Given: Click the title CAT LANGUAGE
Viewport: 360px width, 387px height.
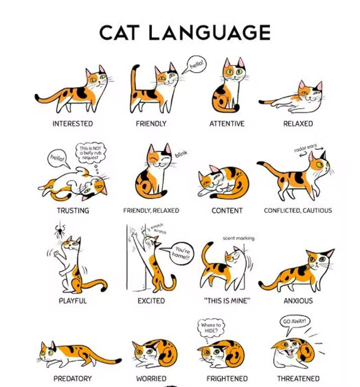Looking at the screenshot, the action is tap(185, 32).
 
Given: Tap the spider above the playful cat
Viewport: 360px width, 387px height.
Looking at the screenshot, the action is tap(60, 231).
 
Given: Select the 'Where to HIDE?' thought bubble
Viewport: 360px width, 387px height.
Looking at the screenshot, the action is tap(211, 327).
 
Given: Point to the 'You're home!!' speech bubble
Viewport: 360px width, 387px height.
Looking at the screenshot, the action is tap(181, 253).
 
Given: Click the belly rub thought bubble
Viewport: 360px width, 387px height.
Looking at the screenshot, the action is tap(91, 153).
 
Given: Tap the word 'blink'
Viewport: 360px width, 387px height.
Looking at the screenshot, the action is tap(181, 154).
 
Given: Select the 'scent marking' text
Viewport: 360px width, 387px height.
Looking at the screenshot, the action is tap(238, 238).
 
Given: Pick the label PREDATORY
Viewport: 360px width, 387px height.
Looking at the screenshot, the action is tap(73, 378).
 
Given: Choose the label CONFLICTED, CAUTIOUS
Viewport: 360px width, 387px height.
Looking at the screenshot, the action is tap(297, 210).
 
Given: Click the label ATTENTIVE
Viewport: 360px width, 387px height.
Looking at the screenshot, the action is tap(227, 124).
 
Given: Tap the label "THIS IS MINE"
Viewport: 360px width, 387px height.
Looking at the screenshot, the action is tap(227, 301).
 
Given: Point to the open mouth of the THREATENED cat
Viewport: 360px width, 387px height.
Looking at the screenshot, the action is tap(290, 352).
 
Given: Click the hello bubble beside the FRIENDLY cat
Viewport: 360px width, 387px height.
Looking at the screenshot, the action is tap(195, 64).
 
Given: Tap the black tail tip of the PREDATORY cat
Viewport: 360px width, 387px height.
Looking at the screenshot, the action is tap(118, 361).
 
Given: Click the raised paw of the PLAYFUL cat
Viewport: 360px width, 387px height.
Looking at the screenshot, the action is tap(56, 253).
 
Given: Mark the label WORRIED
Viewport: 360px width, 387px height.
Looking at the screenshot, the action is tap(151, 378).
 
